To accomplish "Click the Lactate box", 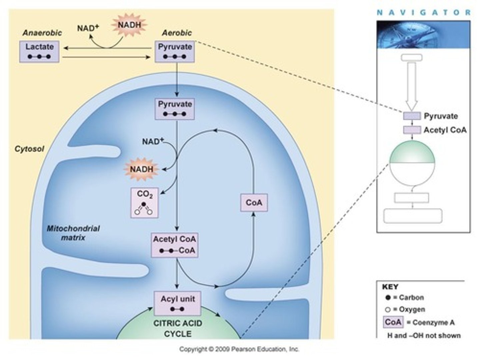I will coord(39,51).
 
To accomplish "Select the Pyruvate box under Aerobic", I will coord(175,51).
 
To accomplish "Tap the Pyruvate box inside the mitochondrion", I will coord(175,109).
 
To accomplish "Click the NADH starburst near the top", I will coord(129,25).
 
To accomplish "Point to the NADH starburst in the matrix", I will coord(142,169).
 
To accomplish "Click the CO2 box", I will coord(144,203).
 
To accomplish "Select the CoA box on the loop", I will coord(254,202).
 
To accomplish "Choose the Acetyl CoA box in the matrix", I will coord(175,245).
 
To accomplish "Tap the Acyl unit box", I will coord(177,303).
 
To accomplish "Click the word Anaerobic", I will coord(42,33).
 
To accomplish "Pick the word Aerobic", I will coord(177,33).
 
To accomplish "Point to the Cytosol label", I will coord(29,149).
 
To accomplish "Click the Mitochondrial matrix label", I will coord(73,233).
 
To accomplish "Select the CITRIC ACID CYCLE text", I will coord(178,329).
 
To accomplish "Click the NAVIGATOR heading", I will coord(423,13).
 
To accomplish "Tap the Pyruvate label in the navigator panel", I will coord(441,116).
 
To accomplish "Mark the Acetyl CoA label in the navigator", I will coord(445,130).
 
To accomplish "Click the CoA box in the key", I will coord(393,322).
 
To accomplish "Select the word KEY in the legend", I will coord(390,287).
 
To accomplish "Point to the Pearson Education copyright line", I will coord(239,349).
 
